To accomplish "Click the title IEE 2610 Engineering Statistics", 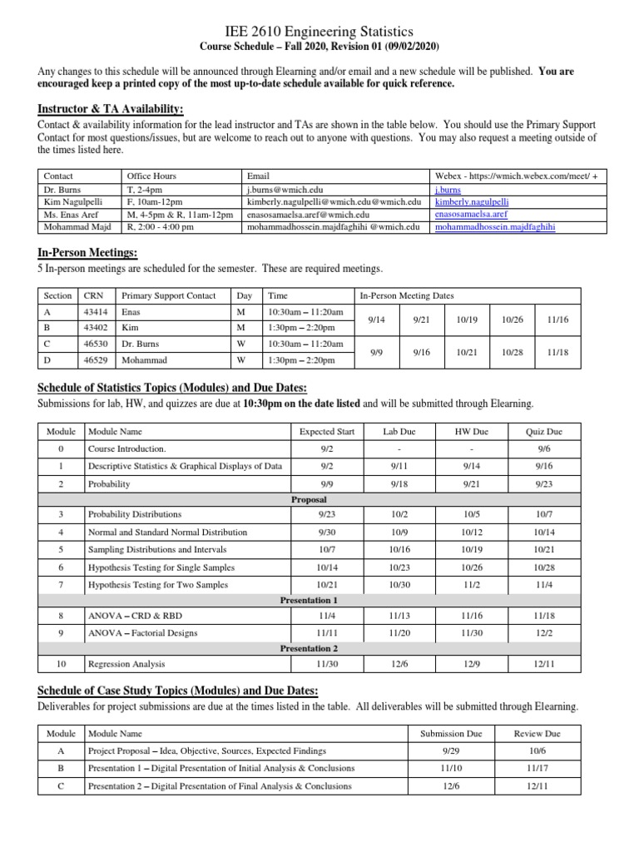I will [319, 31].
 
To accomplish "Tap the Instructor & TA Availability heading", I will [111, 110].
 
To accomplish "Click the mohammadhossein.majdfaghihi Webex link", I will [495, 225].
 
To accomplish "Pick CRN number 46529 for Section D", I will [96, 360].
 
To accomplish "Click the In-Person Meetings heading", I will [87, 253].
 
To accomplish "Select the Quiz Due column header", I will [544, 432].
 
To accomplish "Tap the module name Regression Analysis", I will [126, 664].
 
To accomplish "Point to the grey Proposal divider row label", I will [309, 500].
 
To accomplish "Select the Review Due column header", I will [537, 733].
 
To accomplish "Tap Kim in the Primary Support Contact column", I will [131, 327].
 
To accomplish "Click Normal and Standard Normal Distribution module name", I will [167, 532].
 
